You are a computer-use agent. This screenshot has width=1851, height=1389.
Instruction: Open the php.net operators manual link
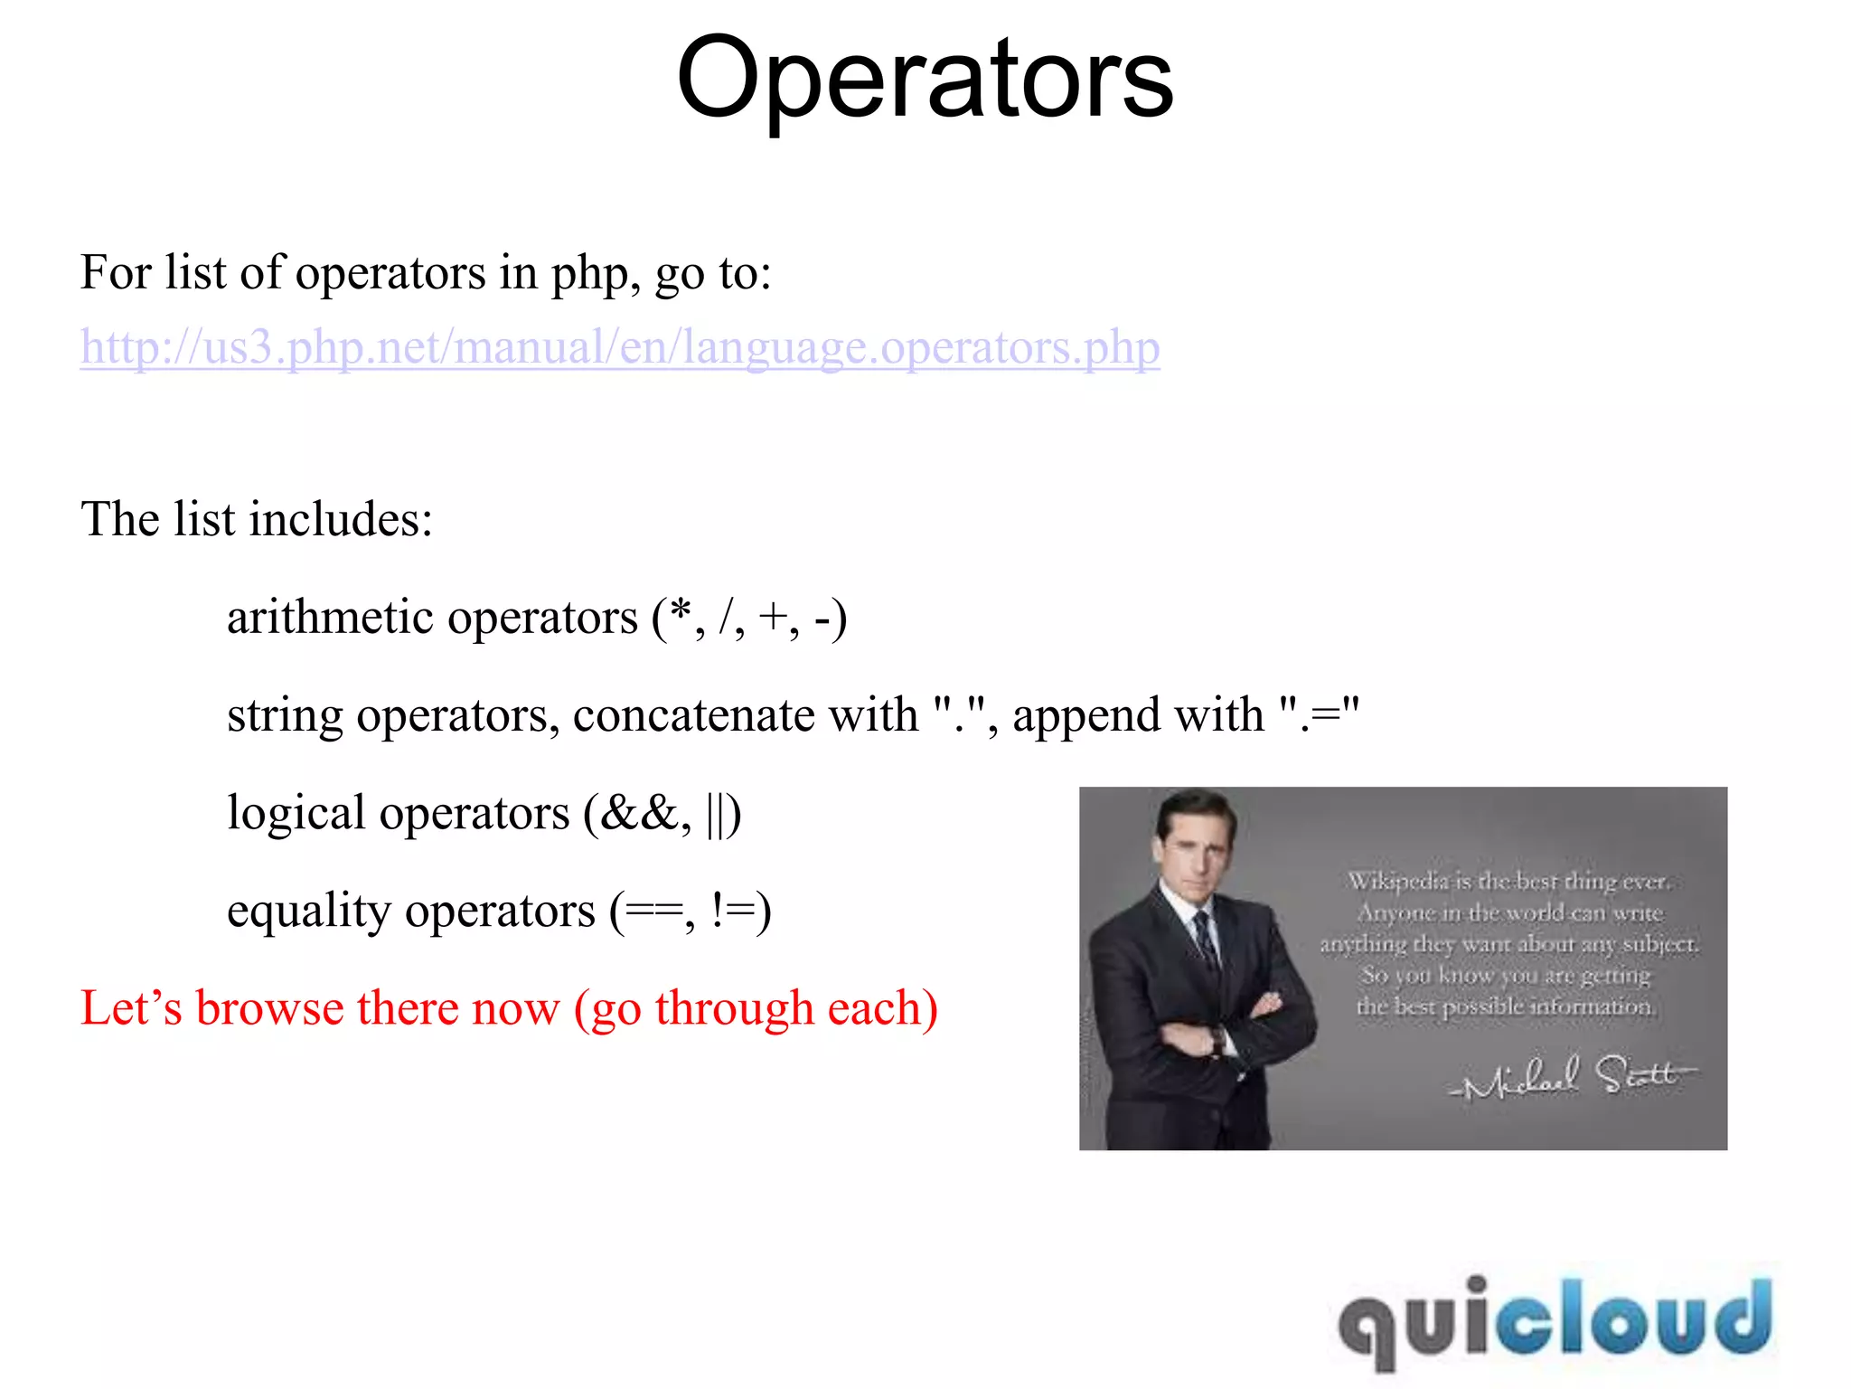tap(620, 347)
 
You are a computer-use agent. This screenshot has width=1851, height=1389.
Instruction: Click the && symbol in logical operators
tap(638, 813)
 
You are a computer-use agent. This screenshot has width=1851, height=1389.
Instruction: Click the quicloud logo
tap(1554, 1319)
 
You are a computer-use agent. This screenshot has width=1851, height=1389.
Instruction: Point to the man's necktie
tap(1207, 940)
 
